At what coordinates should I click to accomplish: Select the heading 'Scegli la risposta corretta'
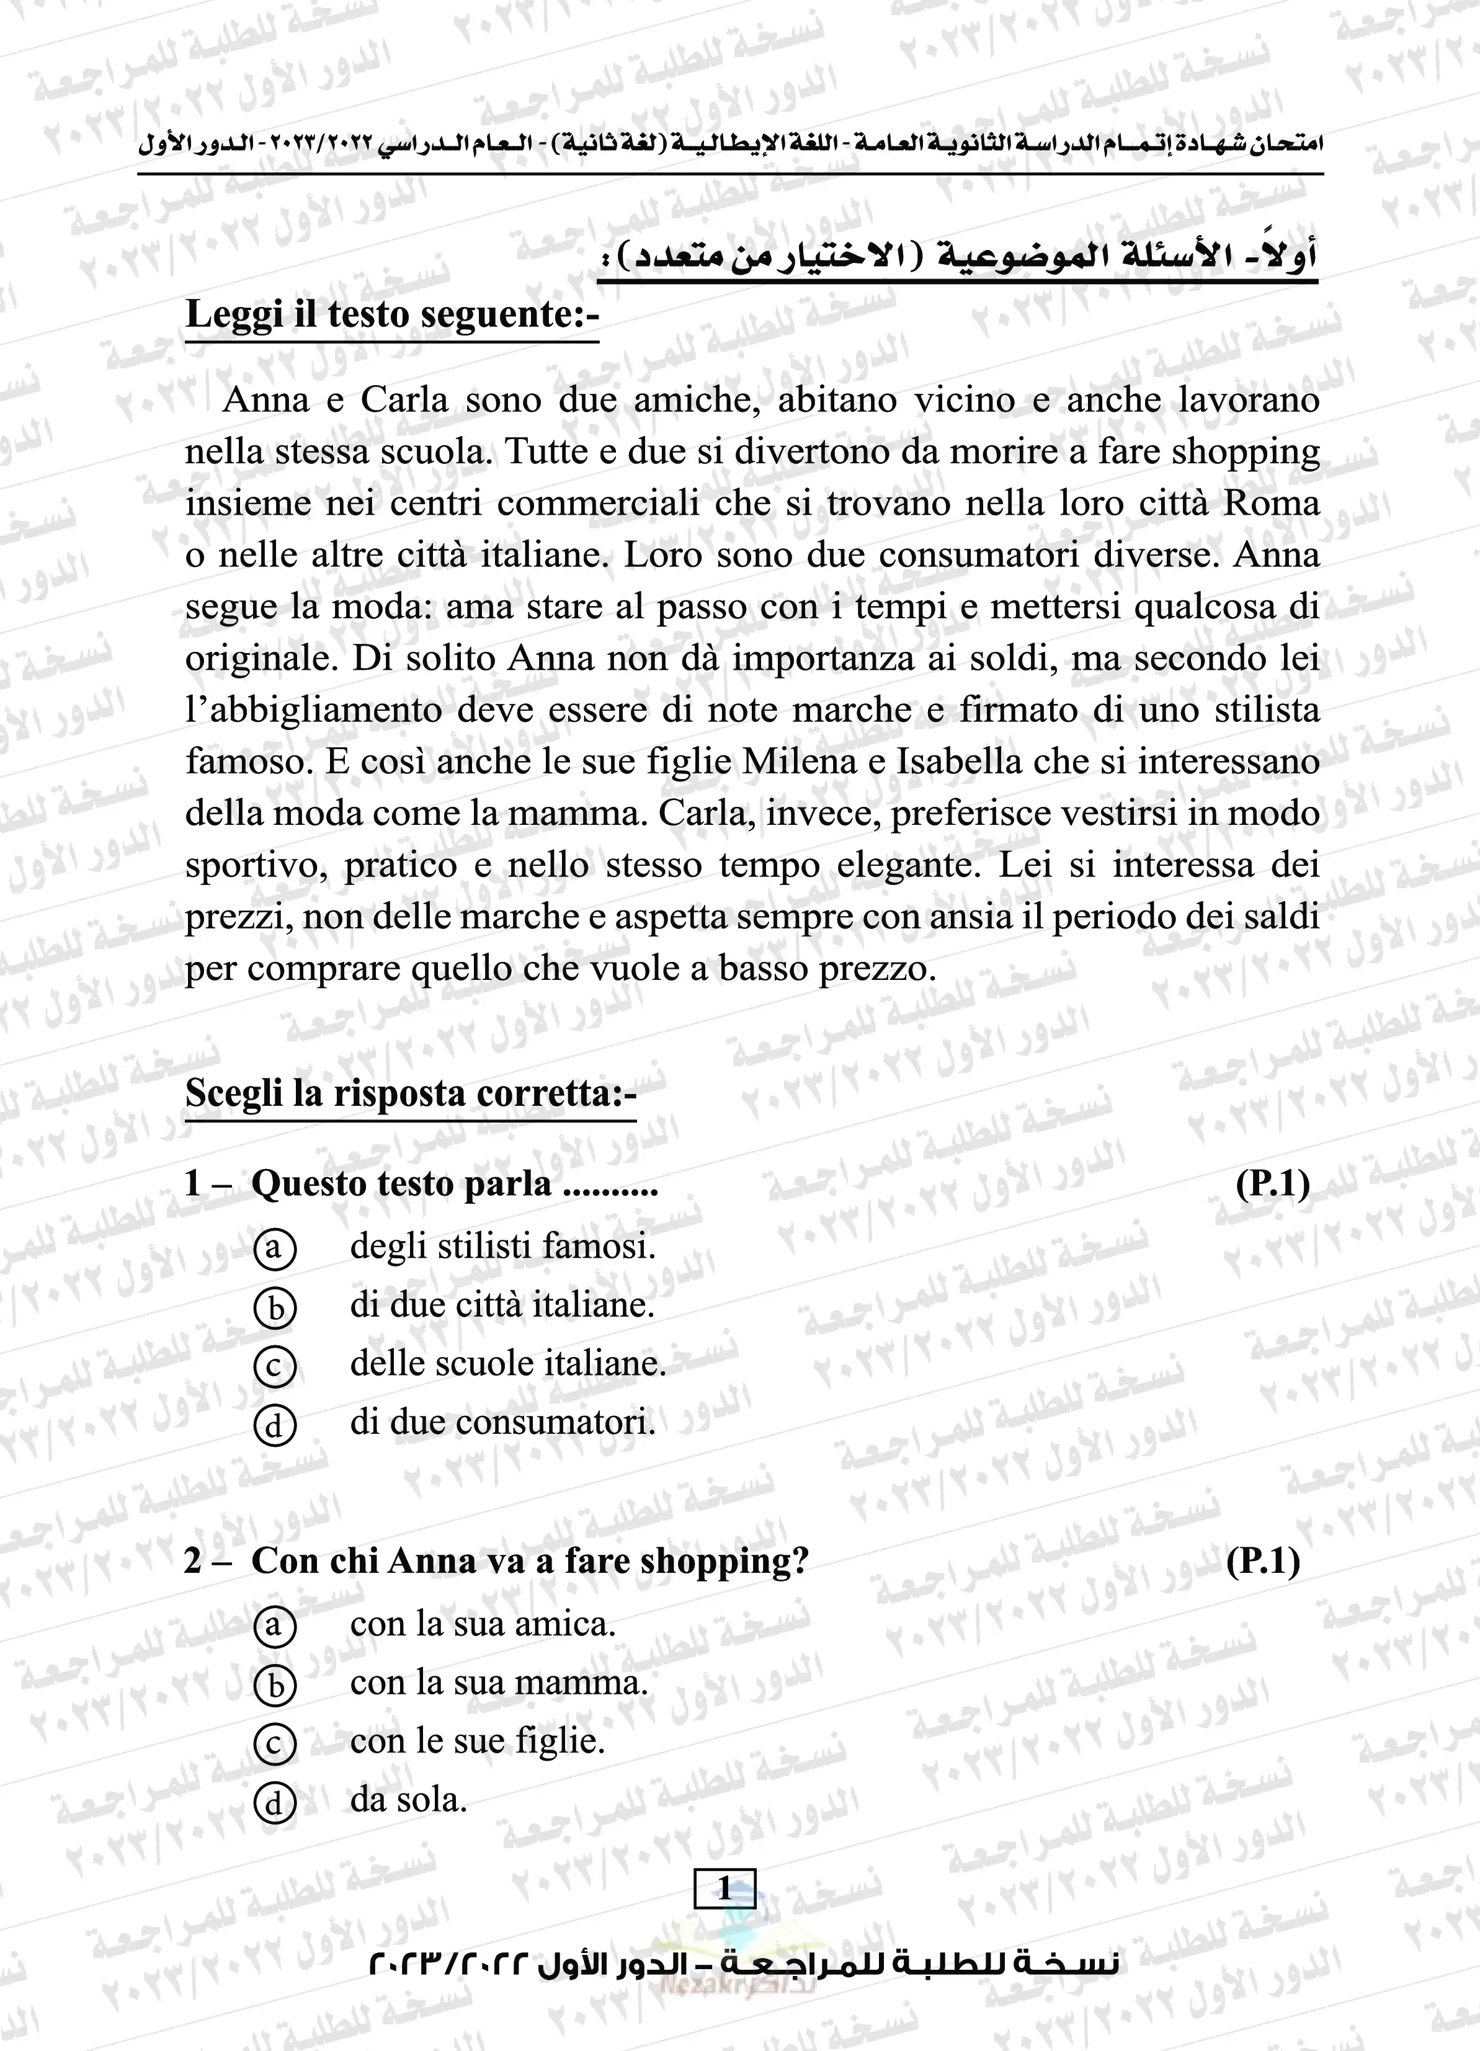pos(411,1093)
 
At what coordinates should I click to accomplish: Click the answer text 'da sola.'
pos(408,1800)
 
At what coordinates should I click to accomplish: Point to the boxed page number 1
pos(724,1889)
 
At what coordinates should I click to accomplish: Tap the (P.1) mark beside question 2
pos(1263,1562)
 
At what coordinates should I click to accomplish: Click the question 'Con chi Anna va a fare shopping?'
pos(529,1562)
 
